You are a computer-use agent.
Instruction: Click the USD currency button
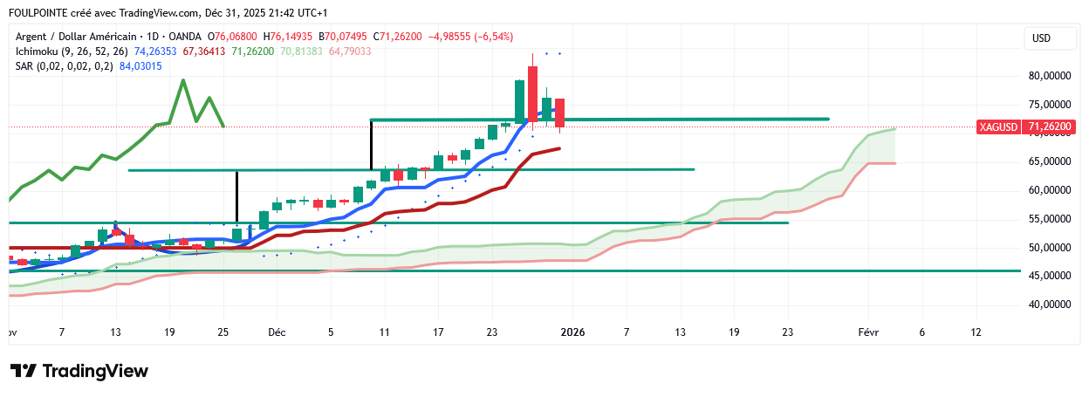pyautogui.click(x=1041, y=38)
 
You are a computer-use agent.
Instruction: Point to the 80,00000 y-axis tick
pyautogui.click(x=1049, y=76)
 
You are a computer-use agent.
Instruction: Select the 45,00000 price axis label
pyautogui.click(x=1049, y=276)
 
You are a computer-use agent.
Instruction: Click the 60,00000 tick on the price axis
pyautogui.click(x=1049, y=190)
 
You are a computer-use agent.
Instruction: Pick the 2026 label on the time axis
pyautogui.click(x=572, y=332)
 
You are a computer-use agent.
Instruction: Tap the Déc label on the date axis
pyautogui.click(x=277, y=332)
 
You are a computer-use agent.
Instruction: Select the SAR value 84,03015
pyautogui.click(x=140, y=67)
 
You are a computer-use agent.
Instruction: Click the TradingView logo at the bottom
pyautogui.click(x=79, y=371)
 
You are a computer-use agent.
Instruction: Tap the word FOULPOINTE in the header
pyautogui.click(x=41, y=13)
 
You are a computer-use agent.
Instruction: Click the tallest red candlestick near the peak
pyautogui.click(x=532, y=92)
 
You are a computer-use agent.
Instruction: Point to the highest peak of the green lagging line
pyautogui.click(x=182, y=80)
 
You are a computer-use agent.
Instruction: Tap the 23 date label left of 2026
pyautogui.click(x=492, y=332)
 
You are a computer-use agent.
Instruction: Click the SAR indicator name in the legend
pyautogui.click(x=25, y=67)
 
